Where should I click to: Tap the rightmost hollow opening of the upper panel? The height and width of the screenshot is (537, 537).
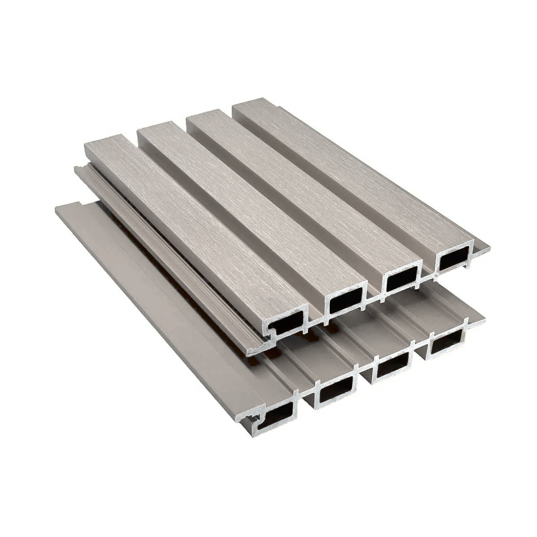point(452,259)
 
